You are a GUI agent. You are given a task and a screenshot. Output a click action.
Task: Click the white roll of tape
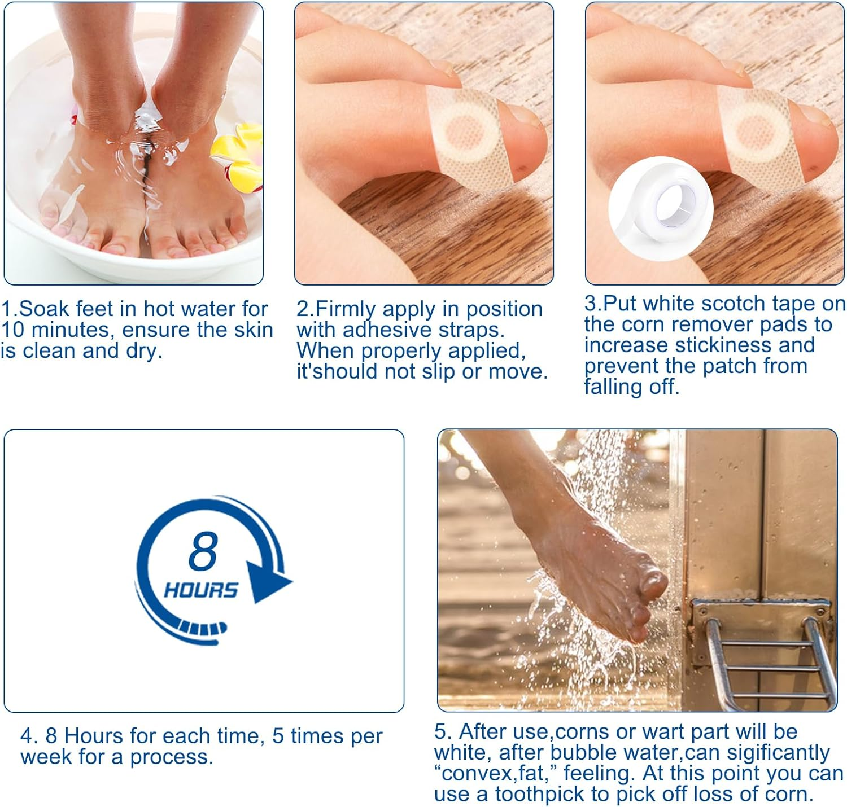(x=661, y=207)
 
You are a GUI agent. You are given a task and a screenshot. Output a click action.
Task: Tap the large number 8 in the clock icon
(x=203, y=551)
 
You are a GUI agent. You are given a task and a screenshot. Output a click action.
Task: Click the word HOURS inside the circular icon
(x=200, y=590)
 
